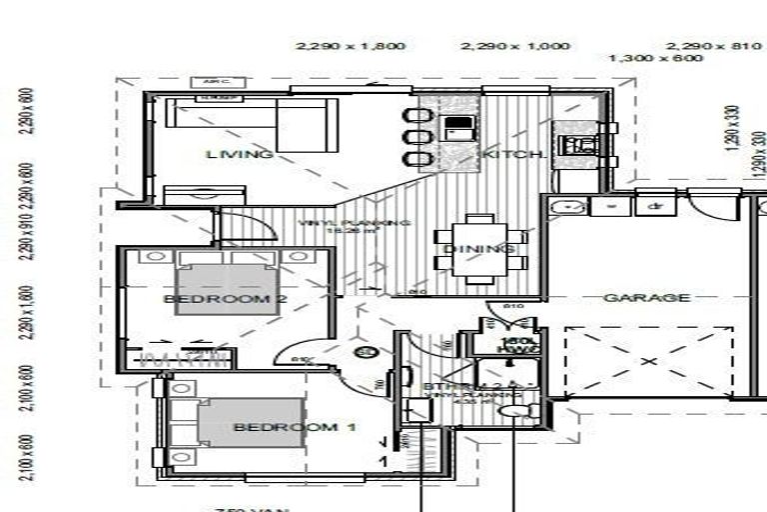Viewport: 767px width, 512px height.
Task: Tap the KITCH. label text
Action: pos(513,155)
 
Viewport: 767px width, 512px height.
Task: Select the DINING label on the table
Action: pos(480,247)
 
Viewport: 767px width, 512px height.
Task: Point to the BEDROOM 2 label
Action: pos(217,299)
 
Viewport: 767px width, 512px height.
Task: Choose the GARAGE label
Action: pos(646,297)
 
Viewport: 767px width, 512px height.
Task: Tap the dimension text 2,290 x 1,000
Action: pos(514,46)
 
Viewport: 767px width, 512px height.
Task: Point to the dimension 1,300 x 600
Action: pos(655,58)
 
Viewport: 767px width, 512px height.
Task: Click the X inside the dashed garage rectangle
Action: pos(647,360)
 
